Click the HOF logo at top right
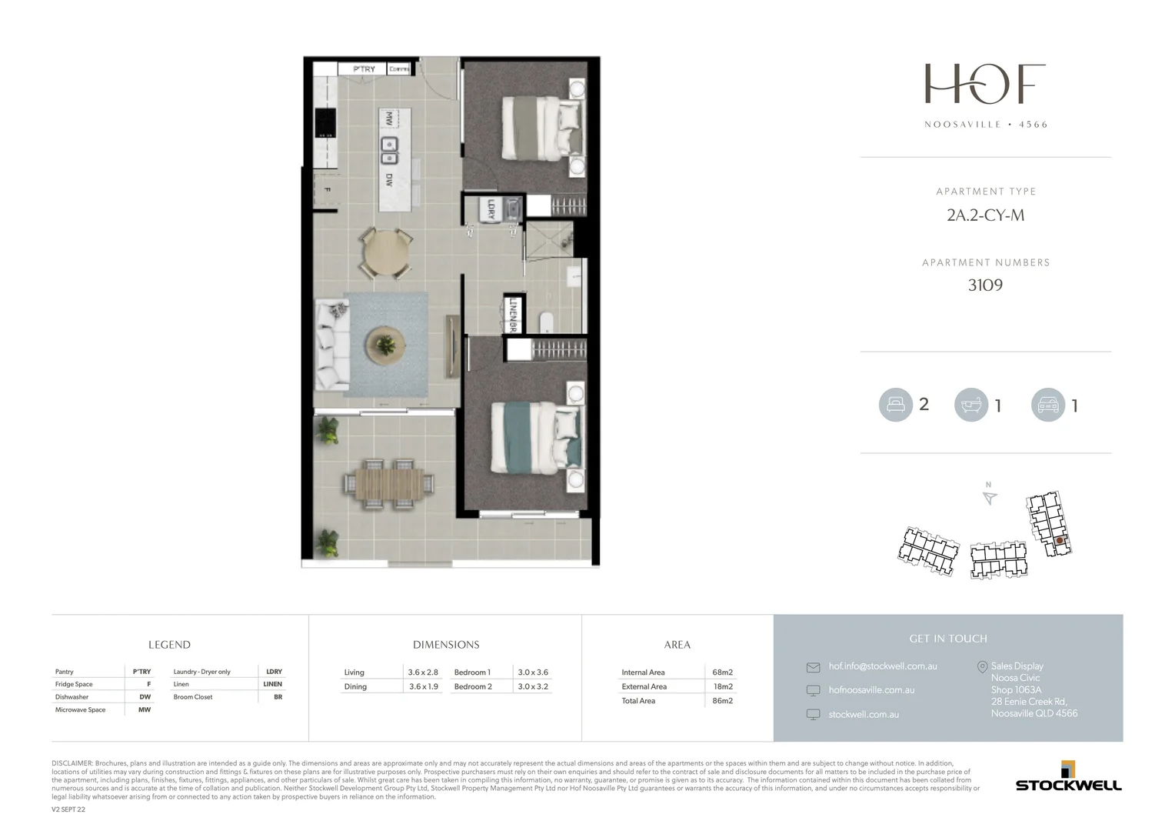click(x=985, y=84)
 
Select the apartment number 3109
click(x=985, y=285)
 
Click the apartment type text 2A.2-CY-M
click(x=985, y=215)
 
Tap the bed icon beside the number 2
click(x=895, y=405)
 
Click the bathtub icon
click(x=971, y=405)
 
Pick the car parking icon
click(x=1048, y=405)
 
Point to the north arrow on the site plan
click(x=990, y=498)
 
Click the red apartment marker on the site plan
click(x=1060, y=541)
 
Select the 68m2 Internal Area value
click(x=722, y=672)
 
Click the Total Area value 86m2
click(x=722, y=701)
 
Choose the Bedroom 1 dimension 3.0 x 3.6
click(x=533, y=672)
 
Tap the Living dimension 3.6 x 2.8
click(x=423, y=672)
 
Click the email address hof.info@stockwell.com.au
click(x=882, y=666)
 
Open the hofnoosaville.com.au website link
click(x=871, y=690)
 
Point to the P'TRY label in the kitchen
click(x=364, y=69)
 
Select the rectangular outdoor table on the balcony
click(x=389, y=484)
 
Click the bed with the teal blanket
click(x=536, y=437)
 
